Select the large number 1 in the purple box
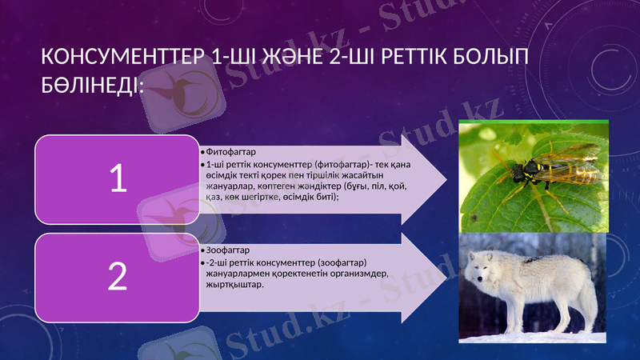pyautogui.click(x=118, y=179)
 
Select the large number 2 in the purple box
pyautogui.click(x=118, y=277)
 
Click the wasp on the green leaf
pyautogui.click(x=532, y=170)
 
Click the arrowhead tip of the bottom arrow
pyautogui.click(x=446, y=275)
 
